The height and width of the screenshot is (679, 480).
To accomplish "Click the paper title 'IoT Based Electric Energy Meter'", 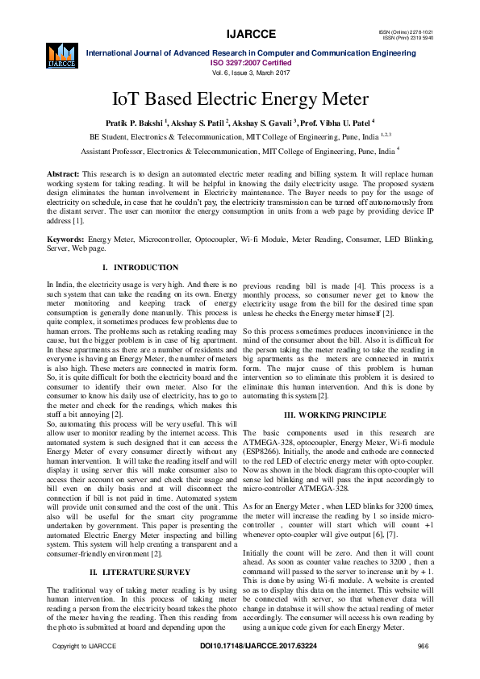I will coord(240,100).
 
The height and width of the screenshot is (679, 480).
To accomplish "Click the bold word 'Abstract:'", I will coord(63,174).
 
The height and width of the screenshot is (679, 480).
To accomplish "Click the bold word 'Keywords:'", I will coord(66,240).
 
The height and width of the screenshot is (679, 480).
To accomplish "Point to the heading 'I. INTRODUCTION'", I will coord(140,267).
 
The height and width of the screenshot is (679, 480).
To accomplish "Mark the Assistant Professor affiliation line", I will coord(240,151).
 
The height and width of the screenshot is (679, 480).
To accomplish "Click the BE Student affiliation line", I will coord(240,137).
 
